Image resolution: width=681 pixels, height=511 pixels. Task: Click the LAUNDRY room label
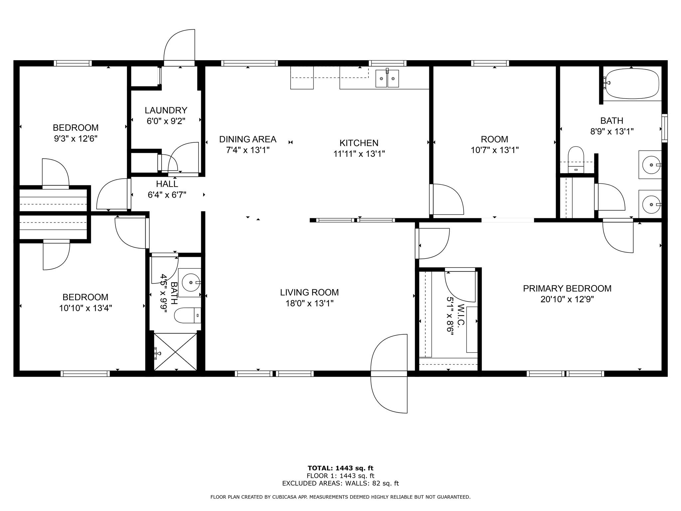pos(166,110)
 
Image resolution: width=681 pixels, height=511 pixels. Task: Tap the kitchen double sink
pos(387,79)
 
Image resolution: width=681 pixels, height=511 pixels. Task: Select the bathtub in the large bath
pos(631,84)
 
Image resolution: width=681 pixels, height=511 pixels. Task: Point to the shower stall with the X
pos(176,351)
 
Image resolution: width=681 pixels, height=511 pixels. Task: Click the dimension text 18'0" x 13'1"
pos(309,303)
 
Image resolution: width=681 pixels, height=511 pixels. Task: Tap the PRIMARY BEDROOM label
pos(567,288)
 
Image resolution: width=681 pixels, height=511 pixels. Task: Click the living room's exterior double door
pos(389,374)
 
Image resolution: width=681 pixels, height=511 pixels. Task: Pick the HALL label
pos(167,184)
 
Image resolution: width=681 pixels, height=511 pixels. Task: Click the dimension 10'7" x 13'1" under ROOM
pos(494,150)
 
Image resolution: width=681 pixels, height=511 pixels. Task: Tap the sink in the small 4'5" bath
pos(190,282)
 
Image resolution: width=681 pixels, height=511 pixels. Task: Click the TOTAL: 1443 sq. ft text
pos(340,468)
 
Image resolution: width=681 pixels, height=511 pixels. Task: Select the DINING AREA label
pos(248,139)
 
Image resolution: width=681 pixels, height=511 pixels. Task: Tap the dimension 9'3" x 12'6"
pos(75,138)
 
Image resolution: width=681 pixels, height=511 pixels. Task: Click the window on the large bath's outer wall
pos(664,128)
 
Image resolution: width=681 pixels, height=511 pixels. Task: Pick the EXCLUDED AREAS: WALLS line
pos(340,483)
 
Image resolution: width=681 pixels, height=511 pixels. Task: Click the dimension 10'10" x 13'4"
pos(85,308)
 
